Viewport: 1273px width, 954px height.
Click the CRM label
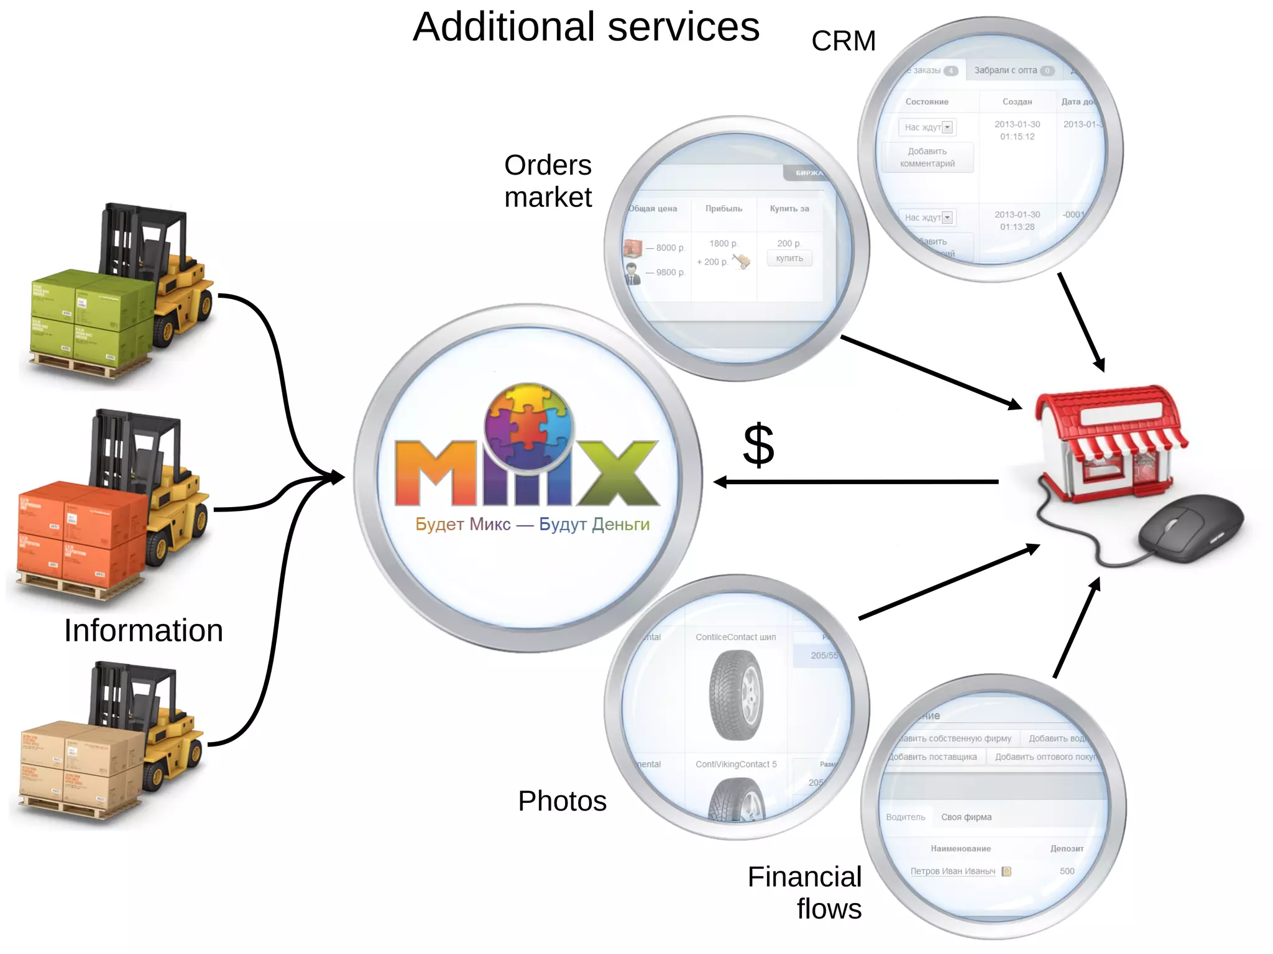(x=843, y=41)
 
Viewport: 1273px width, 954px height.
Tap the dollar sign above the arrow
(x=758, y=445)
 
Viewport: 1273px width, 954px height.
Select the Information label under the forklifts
(x=143, y=630)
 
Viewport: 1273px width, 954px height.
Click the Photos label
(x=562, y=800)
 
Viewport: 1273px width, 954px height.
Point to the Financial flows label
(x=805, y=892)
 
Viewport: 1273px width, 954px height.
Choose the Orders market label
(x=548, y=181)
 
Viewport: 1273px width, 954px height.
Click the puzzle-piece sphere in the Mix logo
(x=528, y=426)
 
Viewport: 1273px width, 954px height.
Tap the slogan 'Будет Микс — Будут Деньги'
(x=532, y=524)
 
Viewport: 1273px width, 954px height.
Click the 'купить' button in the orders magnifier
(x=789, y=259)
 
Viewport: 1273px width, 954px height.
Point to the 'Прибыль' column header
(x=724, y=209)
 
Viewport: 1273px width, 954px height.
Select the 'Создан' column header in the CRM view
(x=1017, y=102)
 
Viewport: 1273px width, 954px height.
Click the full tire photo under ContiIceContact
(x=736, y=695)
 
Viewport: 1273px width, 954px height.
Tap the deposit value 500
(x=1067, y=871)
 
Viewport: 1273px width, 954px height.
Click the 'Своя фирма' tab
(x=966, y=817)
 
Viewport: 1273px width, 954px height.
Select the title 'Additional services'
(x=586, y=27)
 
